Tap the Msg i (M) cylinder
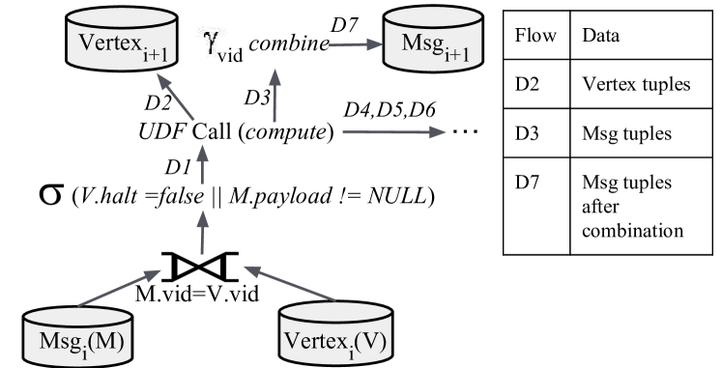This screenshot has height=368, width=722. click(78, 334)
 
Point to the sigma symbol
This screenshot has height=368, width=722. click(51, 193)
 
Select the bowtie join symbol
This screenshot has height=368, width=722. click(201, 267)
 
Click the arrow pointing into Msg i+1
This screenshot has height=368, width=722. click(354, 44)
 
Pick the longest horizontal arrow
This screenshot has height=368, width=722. click(394, 131)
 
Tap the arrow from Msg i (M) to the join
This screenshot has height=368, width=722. click(119, 290)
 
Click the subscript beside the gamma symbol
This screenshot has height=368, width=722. click(228, 56)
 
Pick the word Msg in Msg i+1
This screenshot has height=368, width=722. click(421, 43)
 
